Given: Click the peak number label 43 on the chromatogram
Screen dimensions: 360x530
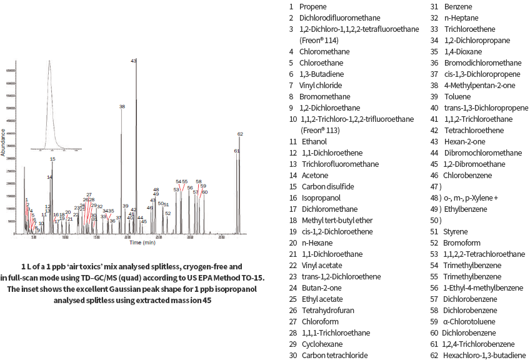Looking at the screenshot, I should click(x=133, y=61).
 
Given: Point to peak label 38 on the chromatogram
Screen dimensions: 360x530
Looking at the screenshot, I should click(x=122, y=107).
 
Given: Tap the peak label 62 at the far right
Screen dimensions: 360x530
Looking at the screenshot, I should click(x=240, y=134).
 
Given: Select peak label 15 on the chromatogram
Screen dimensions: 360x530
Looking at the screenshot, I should click(x=52, y=159).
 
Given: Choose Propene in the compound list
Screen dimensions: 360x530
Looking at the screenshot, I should click(x=312, y=6).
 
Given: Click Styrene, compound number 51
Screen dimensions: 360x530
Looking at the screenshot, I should click(x=457, y=231).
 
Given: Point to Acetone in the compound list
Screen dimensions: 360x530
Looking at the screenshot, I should click(x=314, y=175).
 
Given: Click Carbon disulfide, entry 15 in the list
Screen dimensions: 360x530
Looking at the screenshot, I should click(x=327, y=186).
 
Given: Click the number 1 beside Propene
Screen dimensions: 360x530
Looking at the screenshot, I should click(x=291, y=6).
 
